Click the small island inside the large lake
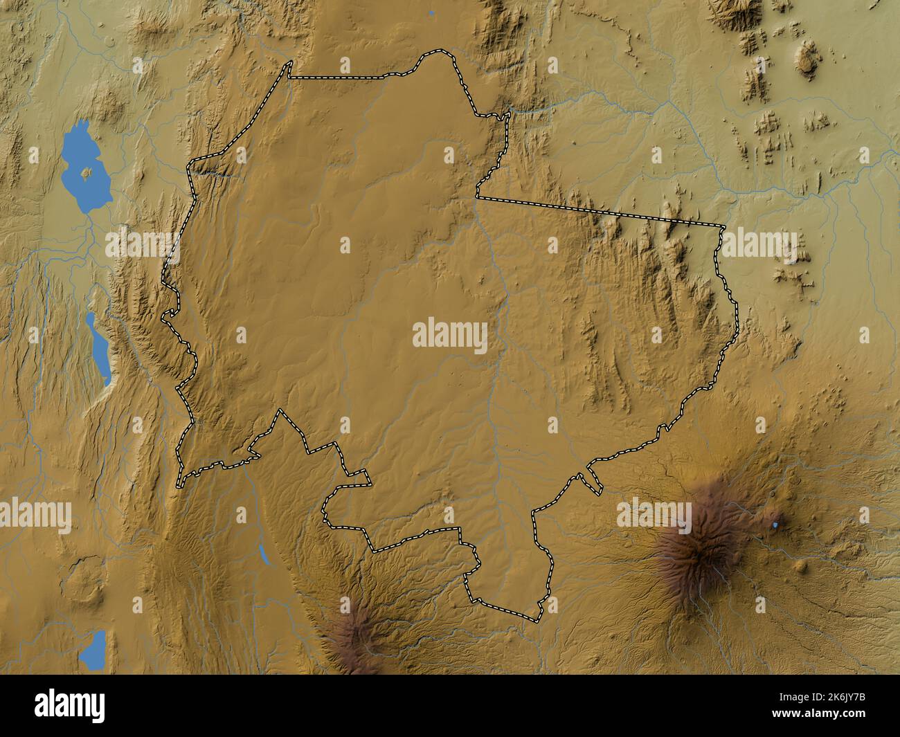(x=87, y=172)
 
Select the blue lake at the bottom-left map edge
(x=93, y=650)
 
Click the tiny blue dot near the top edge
(x=431, y=12)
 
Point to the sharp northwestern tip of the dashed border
(x=289, y=62)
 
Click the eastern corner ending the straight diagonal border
(x=723, y=226)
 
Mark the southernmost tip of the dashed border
(x=537, y=619)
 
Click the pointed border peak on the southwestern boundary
(x=280, y=410)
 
